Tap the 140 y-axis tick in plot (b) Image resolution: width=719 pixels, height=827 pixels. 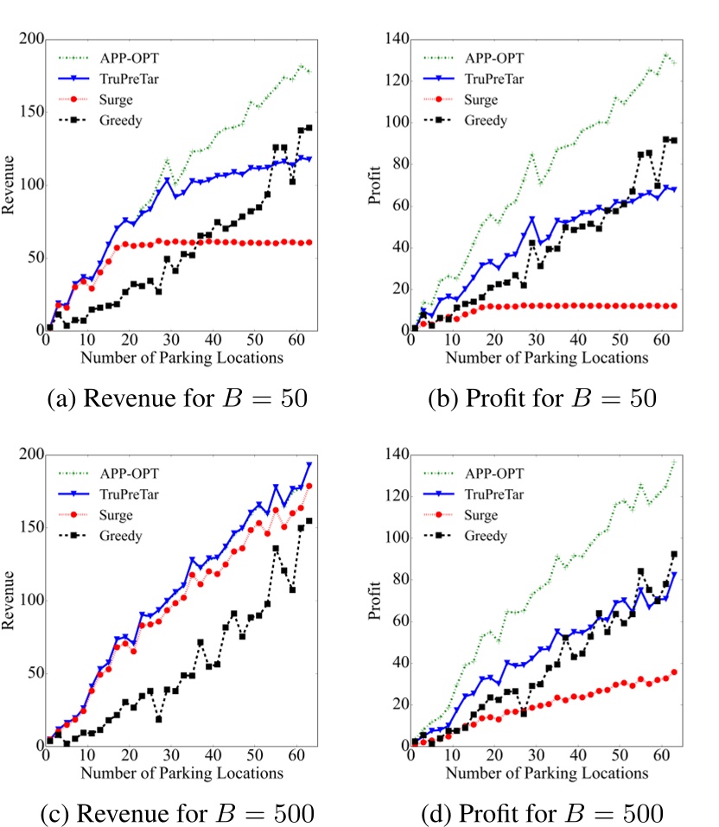396,40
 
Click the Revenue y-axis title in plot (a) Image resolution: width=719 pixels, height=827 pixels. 12,185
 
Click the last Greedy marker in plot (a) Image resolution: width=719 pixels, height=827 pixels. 309,128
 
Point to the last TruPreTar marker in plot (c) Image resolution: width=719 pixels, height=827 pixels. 309,465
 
